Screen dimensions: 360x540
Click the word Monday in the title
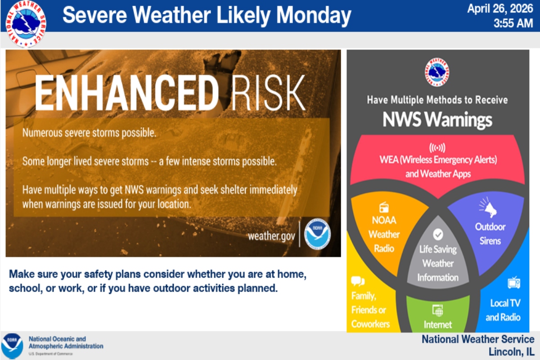pos(314,16)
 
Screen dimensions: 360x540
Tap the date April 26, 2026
pos(500,9)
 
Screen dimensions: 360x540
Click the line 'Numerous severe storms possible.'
pos(89,133)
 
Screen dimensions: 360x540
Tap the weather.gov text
pos(271,236)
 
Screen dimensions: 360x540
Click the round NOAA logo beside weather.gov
pos(317,234)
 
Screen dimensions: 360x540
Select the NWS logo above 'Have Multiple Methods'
pos(437,72)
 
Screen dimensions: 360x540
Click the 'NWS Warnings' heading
pos(437,120)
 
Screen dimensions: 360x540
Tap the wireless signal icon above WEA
pos(437,148)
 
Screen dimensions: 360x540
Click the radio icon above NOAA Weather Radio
pos(384,207)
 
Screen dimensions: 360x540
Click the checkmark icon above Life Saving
pos(438,234)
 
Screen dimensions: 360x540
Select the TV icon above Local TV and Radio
pos(514,283)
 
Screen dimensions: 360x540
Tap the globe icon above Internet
pos(437,310)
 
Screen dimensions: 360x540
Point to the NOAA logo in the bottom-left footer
pos(12,346)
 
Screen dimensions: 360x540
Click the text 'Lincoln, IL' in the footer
pos(511,351)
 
